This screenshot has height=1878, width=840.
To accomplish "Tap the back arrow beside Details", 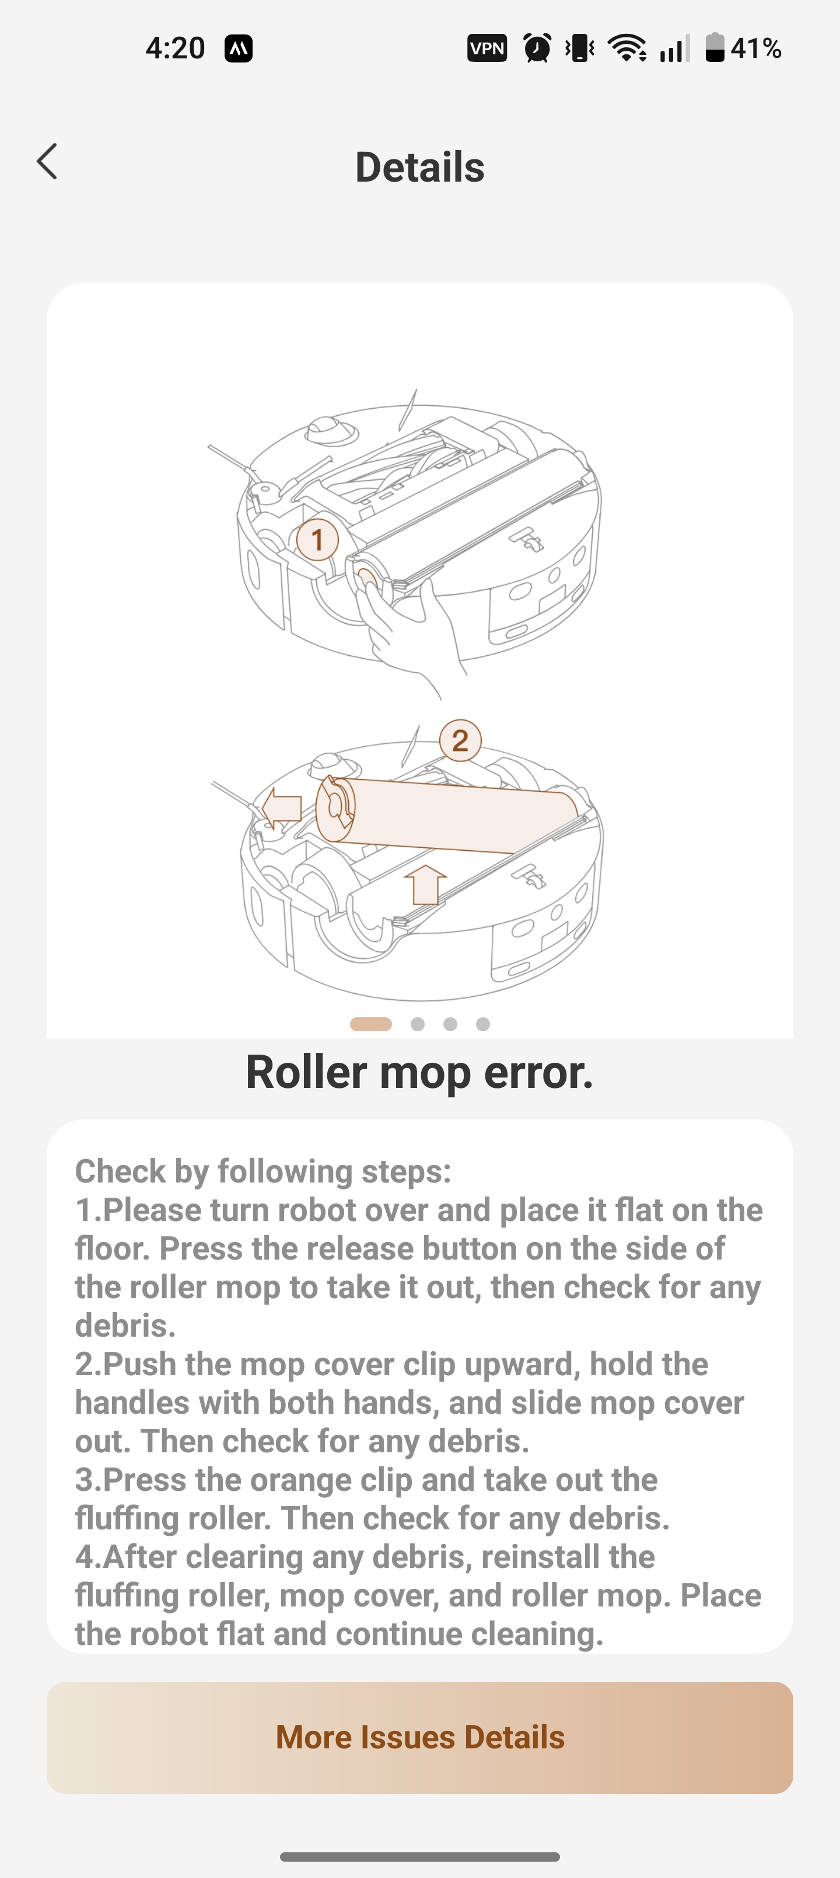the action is coord(47,161).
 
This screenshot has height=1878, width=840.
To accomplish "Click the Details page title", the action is coord(419,167).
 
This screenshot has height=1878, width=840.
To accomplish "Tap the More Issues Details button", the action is coord(419,1737).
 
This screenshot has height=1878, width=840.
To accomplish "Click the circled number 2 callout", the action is coord(460,740).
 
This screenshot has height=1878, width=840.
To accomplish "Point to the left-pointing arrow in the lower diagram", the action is coord(281,808).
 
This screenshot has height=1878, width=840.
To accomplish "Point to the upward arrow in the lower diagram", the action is coord(425,884).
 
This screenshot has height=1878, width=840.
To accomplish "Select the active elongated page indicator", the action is coord(371,1024).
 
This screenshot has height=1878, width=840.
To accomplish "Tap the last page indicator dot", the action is coord(483,1024).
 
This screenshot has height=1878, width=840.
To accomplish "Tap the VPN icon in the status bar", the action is coord(487,49).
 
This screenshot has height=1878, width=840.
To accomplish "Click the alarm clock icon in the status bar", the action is coord(538,49).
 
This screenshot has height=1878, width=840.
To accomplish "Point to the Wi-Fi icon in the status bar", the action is coord(627,49).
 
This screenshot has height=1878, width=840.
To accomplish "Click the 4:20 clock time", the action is coord(175,49).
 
